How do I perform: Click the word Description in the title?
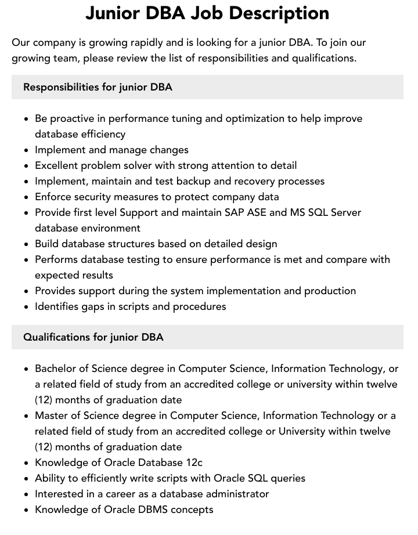tap(280, 13)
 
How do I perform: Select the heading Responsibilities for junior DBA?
tap(98, 87)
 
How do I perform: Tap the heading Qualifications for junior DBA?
tap(93, 337)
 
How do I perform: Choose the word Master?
tap(51, 415)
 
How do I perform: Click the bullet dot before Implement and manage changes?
tap(26, 150)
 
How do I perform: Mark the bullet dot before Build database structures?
tap(26, 244)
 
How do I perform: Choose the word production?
tap(330, 291)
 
